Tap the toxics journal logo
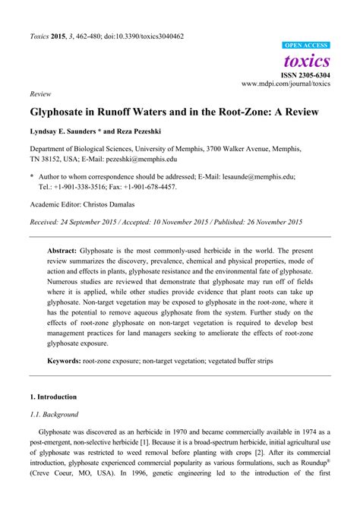pyautogui.click(x=307, y=60)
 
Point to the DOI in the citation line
pyautogui.click(x=140, y=36)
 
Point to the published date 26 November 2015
pyautogui.click(x=269, y=222)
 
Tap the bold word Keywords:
pyautogui.click(x=65, y=362)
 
